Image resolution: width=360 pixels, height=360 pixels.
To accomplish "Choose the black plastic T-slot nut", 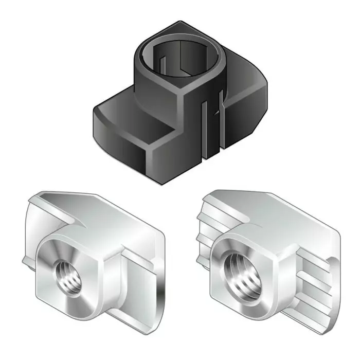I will [180, 98].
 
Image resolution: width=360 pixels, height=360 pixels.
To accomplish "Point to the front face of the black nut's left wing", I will [116, 141].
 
